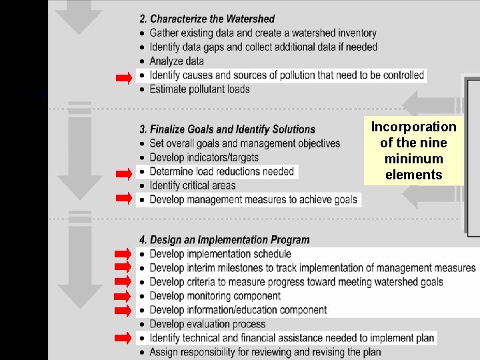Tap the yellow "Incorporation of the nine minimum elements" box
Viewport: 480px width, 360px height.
[x=413, y=151]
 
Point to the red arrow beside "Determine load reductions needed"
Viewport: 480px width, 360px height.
[x=124, y=175]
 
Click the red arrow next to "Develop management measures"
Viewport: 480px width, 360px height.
[x=124, y=198]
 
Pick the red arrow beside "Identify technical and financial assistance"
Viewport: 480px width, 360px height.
[x=124, y=338]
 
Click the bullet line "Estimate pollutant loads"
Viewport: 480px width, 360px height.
[x=199, y=89]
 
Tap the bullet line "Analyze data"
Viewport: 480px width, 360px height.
[x=177, y=61]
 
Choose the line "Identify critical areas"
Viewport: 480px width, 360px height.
[x=193, y=185]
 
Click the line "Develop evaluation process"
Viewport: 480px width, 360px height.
[x=207, y=324]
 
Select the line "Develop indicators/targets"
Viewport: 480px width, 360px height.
[x=204, y=157]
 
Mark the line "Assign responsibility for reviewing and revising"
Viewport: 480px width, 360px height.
[x=275, y=352]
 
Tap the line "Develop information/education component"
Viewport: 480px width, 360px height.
[x=238, y=310]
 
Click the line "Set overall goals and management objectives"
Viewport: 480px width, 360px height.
[x=245, y=143]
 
